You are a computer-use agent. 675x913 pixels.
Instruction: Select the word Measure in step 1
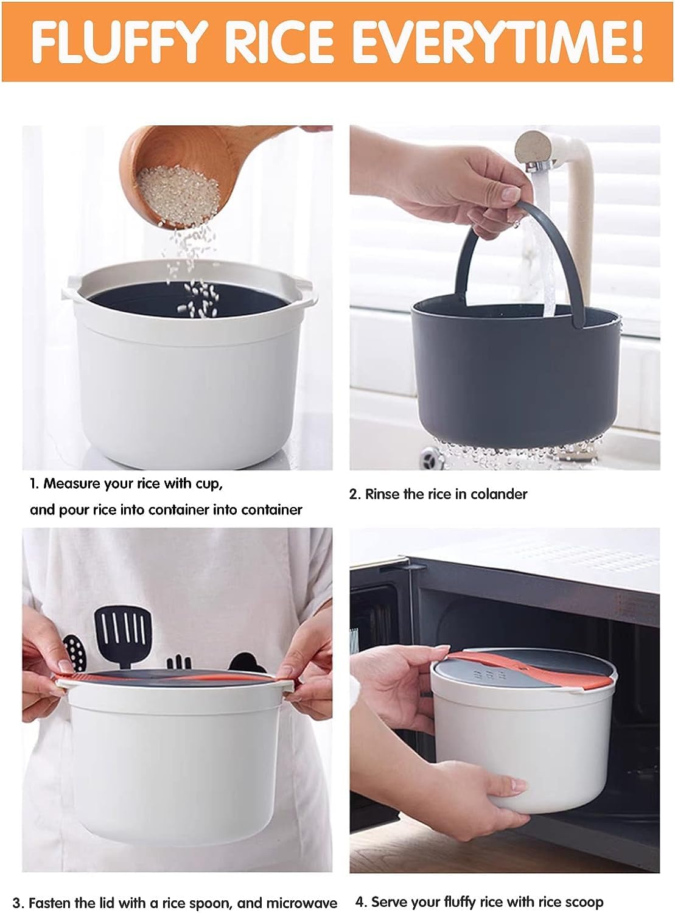click(71, 484)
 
